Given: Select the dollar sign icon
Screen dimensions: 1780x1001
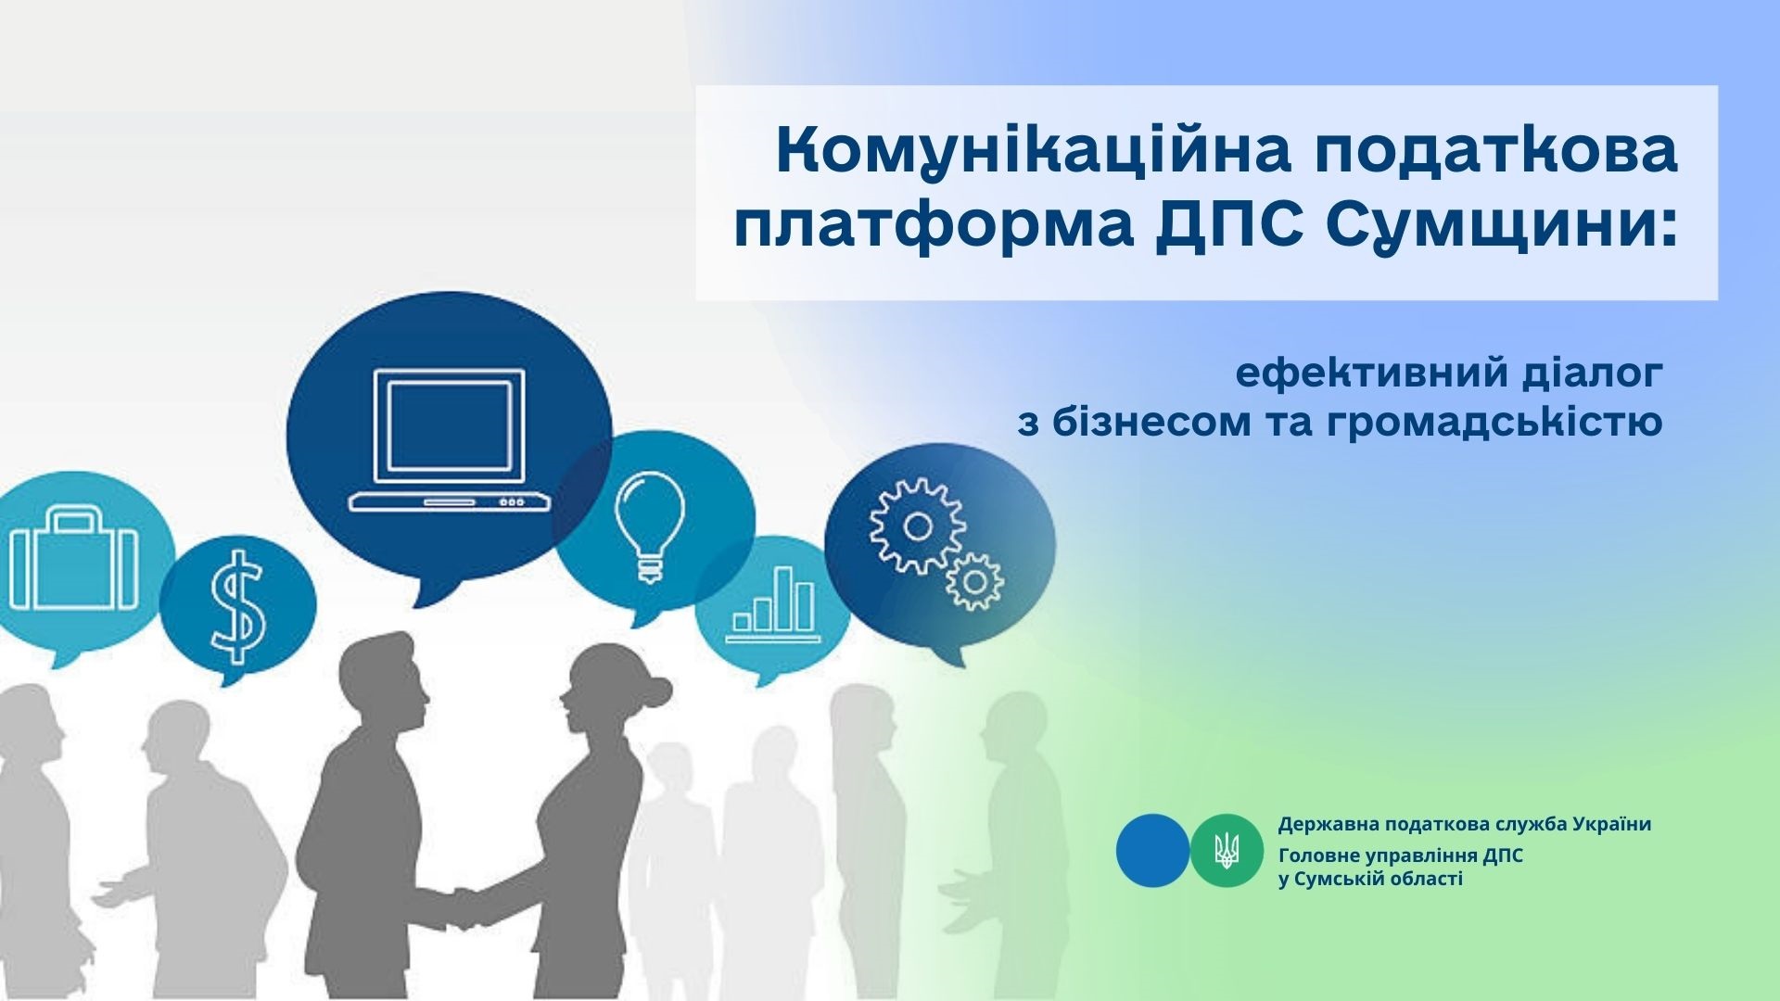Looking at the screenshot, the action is pyautogui.click(x=237, y=605).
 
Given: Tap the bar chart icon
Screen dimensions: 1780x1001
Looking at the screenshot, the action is pyautogui.click(x=773, y=603).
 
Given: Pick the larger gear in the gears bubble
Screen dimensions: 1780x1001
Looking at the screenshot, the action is pyautogui.click(x=918, y=527).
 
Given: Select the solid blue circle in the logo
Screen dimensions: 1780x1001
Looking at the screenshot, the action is pyautogui.click(x=1152, y=850).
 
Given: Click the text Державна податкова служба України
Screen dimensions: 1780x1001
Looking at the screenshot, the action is pyautogui.click(x=1465, y=824).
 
